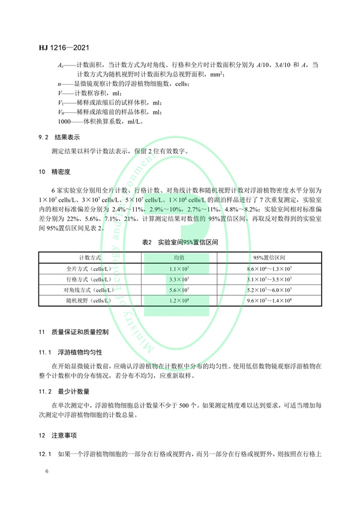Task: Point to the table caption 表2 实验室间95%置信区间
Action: [x=179, y=244]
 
